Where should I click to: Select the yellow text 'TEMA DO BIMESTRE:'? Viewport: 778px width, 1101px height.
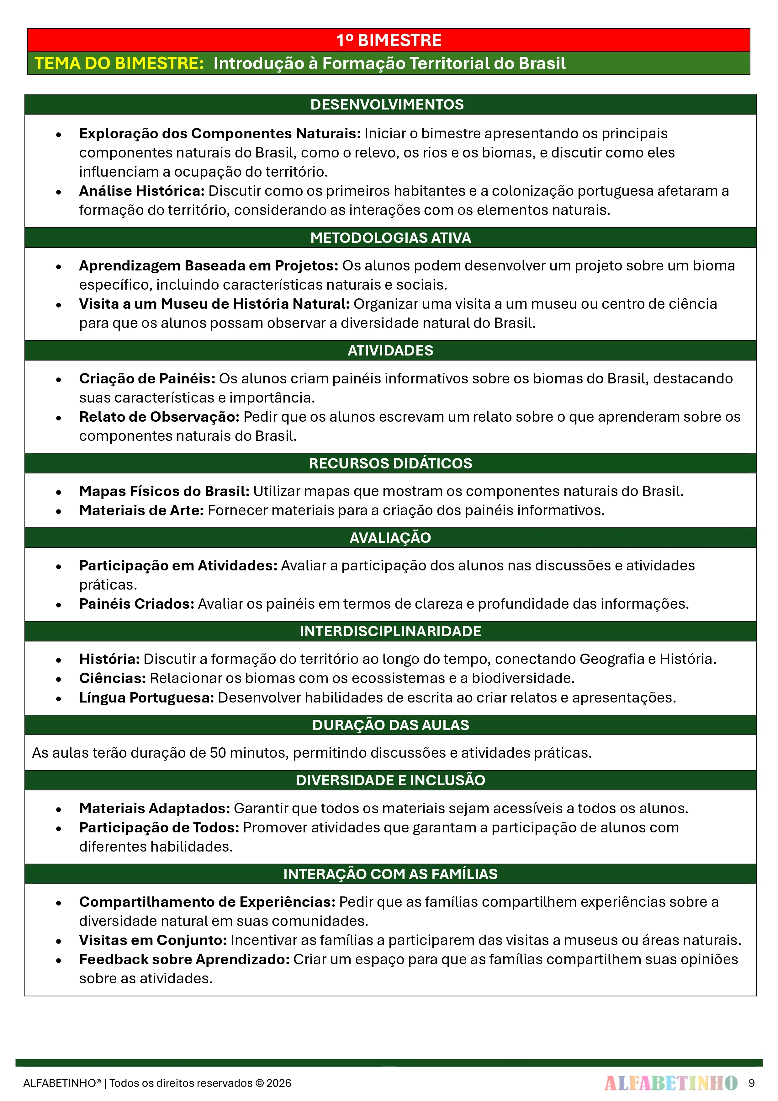[119, 63]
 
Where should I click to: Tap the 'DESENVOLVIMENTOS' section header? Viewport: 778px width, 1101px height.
[387, 104]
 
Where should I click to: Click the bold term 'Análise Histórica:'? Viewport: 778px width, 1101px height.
[142, 191]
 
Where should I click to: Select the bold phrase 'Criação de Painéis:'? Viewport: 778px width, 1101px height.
[147, 378]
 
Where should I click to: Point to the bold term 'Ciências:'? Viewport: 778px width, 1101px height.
[112, 678]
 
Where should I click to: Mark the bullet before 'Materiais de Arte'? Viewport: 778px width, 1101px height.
[58, 511]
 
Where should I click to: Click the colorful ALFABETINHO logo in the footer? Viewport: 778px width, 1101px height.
[671, 1083]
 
